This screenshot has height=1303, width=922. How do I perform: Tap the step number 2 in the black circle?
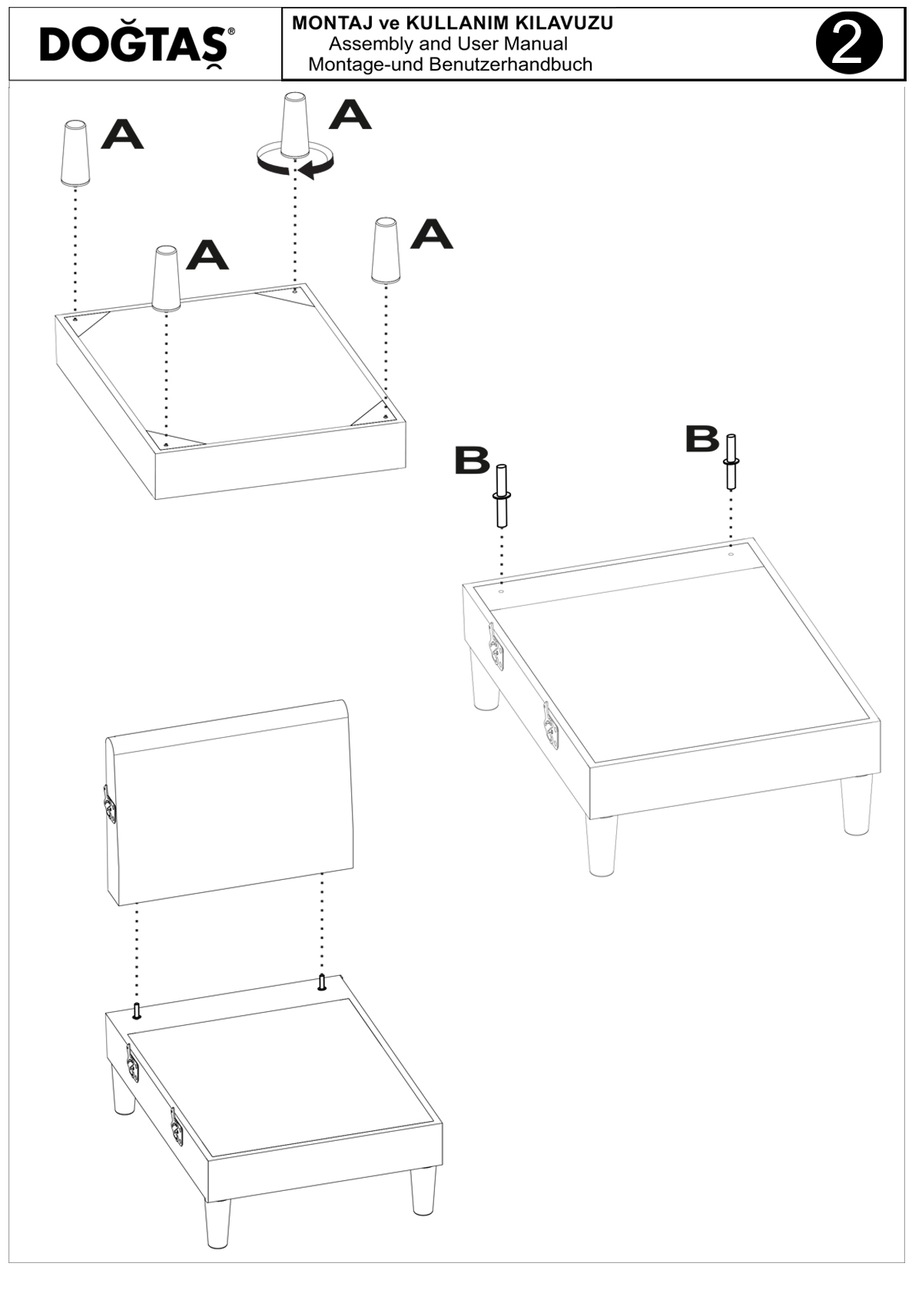pos(849,44)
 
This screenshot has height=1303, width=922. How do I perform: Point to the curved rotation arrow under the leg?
pos(297,163)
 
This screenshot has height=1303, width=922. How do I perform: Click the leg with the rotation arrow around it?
pos(297,125)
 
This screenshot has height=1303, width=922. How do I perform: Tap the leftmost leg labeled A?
pos(75,153)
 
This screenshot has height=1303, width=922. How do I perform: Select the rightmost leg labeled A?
pos(385,251)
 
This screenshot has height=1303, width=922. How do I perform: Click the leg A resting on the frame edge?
pos(166,279)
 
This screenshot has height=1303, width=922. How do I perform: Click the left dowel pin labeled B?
pos(501,495)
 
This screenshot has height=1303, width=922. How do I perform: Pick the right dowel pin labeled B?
pos(731,461)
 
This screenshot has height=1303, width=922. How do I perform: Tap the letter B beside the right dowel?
pos(702,438)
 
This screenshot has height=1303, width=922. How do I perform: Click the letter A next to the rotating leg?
pos(350,114)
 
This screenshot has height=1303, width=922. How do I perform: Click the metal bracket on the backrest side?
pos(108,805)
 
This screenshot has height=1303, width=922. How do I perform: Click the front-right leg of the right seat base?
pos(857,805)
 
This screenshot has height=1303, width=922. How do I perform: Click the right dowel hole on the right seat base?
pos(731,555)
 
